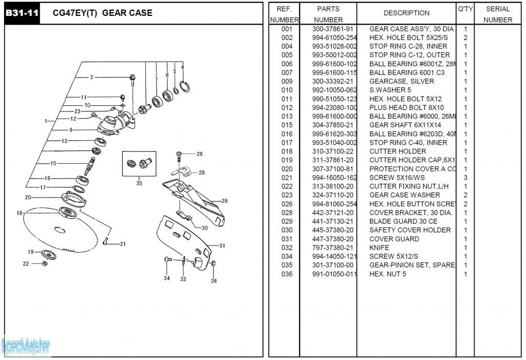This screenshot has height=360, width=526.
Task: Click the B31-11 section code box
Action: point(21,13)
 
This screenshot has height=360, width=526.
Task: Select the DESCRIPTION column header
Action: point(406,13)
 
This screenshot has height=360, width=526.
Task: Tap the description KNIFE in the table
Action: point(379,248)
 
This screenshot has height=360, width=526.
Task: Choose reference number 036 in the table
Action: point(287,274)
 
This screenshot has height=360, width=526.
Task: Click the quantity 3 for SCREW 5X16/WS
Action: point(465,178)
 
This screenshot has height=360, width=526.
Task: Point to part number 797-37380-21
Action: point(333,248)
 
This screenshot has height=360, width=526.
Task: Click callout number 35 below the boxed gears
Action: point(139,183)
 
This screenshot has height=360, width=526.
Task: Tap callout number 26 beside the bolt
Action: point(199,154)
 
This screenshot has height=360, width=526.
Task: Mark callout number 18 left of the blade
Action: point(20,213)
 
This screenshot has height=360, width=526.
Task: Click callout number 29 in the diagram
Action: point(224,201)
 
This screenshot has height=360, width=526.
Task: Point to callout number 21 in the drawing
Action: point(123,244)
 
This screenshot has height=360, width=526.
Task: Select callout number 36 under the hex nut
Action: point(214,280)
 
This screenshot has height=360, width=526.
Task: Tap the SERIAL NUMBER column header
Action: point(497,14)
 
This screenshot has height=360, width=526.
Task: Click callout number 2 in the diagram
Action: point(91,78)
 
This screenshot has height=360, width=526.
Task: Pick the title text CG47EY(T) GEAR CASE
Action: point(103,13)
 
